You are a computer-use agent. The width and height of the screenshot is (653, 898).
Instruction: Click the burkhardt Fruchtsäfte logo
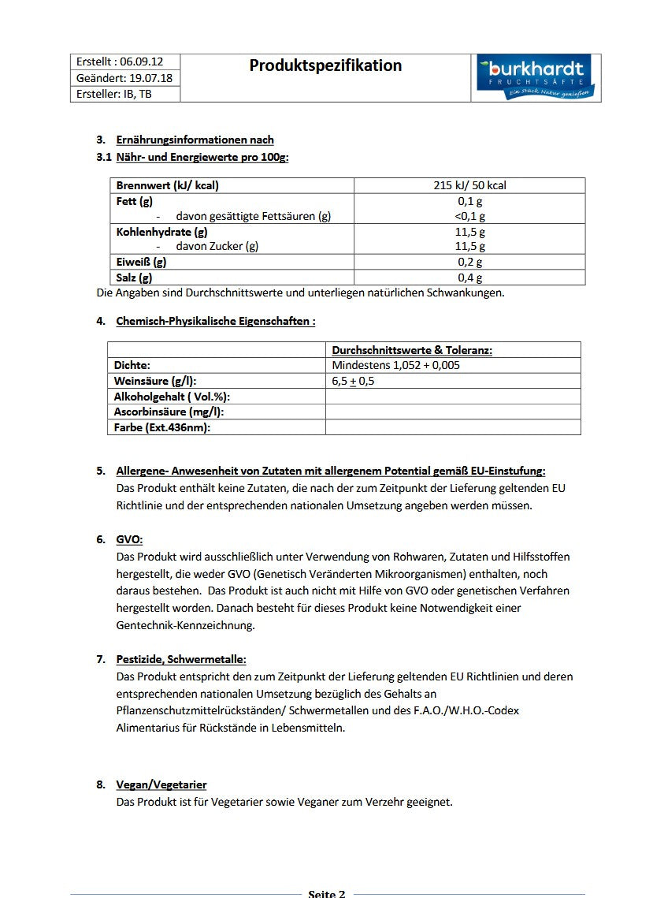(x=536, y=77)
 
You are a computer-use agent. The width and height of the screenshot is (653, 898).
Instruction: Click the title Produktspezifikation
(x=325, y=65)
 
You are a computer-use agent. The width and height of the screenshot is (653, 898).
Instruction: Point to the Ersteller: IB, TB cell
(x=114, y=94)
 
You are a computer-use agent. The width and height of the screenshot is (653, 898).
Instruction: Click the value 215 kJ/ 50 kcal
(x=469, y=185)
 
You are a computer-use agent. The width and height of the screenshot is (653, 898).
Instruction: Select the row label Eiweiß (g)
(x=141, y=262)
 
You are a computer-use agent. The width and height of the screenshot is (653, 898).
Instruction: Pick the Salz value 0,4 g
(x=470, y=278)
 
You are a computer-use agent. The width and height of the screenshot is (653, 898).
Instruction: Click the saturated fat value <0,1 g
(x=470, y=216)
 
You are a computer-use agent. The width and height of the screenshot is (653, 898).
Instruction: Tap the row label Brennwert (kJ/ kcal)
(x=167, y=185)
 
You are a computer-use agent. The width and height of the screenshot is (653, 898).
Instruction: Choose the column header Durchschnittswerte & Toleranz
(x=412, y=350)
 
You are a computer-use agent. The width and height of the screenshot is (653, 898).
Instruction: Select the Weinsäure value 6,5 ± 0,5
(x=354, y=381)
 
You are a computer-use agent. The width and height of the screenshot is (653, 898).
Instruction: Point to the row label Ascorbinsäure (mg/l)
(x=169, y=412)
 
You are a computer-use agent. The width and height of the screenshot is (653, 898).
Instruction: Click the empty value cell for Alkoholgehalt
(x=453, y=397)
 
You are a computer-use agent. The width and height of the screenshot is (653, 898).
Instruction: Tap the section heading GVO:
(x=129, y=539)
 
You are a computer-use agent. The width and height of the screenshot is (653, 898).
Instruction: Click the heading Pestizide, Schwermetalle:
(x=180, y=659)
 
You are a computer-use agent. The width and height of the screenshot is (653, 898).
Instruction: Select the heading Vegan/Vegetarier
(x=161, y=784)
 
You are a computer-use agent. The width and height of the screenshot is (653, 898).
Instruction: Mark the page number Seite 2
(x=326, y=893)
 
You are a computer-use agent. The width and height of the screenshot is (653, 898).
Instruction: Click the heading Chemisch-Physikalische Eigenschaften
(x=215, y=321)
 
